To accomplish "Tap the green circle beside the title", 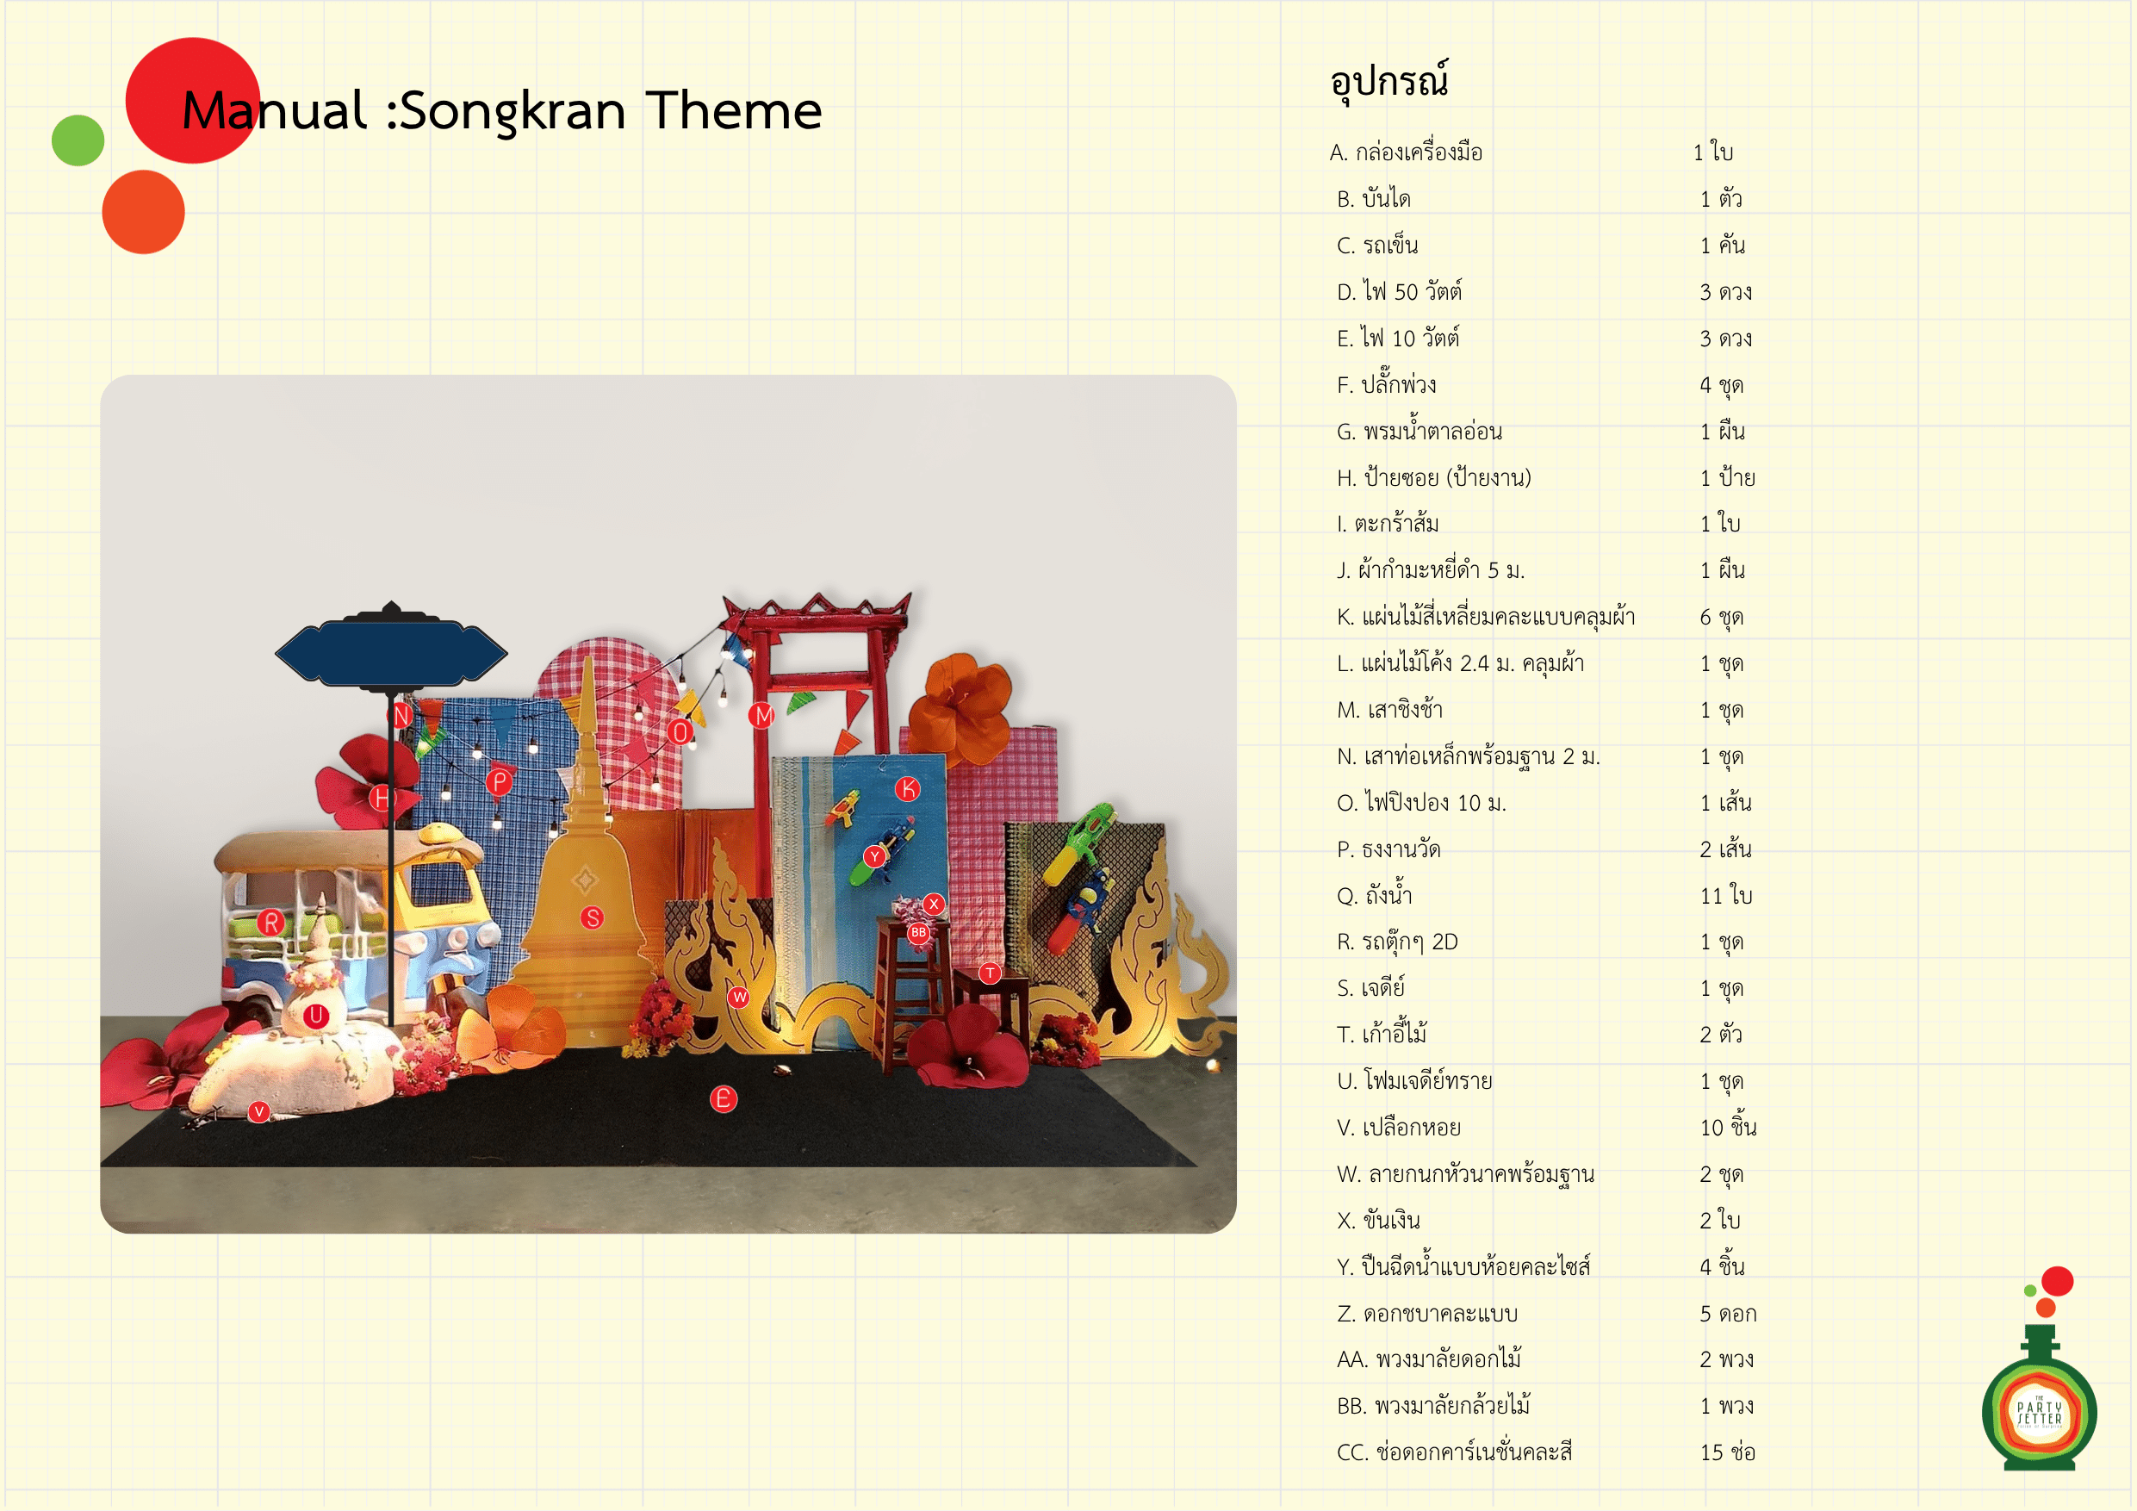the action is click(78, 140).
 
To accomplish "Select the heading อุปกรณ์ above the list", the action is click(1388, 81).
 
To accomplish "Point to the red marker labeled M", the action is click(763, 715).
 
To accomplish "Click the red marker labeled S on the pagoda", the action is click(592, 918).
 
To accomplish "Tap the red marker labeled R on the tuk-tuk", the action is click(270, 923).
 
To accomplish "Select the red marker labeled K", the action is click(908, 789).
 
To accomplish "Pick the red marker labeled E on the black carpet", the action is click(724, 1098).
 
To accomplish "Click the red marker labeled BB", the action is click(919, 932).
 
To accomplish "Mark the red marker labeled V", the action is click(258, 1111).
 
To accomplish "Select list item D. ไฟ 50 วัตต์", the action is click(1399, 291).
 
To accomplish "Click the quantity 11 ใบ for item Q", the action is click(1725, 896).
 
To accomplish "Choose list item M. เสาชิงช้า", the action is click(1389, 710).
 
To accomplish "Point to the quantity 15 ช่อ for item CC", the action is click(1728, 1452).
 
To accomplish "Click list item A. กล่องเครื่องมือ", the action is click(1406, 152).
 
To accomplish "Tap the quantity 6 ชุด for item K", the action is click(1721, 618).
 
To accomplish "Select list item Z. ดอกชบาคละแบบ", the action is click(1427, 1314).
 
